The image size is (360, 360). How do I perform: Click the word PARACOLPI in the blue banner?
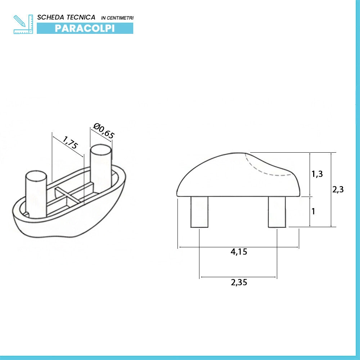85,28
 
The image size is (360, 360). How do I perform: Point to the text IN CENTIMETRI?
117,18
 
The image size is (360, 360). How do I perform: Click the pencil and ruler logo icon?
23,24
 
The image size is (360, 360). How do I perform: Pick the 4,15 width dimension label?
239,252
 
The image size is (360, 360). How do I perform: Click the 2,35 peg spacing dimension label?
239,282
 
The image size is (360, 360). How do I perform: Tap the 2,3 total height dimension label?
338,189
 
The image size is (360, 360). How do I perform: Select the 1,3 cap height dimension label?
317,174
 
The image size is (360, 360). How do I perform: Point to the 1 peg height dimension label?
314,211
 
